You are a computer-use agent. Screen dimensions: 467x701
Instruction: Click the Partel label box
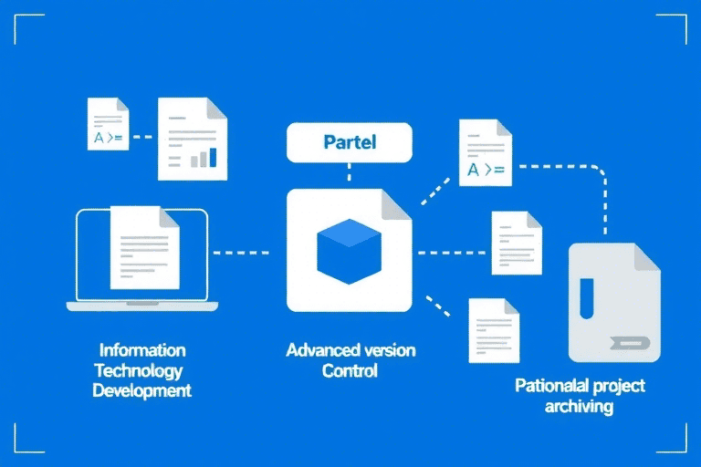click(x=350, y=143)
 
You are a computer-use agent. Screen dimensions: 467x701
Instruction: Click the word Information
click(x=142, y=350)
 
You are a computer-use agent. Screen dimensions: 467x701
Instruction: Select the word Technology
click(x=139, y=370)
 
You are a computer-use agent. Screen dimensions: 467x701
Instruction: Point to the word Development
click(x=142, y=390)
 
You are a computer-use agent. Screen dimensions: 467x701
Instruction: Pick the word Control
click(x=350, y=371)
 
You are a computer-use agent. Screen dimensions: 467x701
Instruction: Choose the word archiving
click(x=579, y=406)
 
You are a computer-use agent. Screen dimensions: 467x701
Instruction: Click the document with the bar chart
click(x=192, y=139)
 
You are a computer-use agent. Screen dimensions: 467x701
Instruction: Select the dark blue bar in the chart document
click(x=214, y=157)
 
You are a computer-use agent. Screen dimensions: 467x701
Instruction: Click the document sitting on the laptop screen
click(x=144, y=246)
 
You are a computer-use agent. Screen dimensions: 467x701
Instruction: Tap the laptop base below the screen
click(x=142, y=306)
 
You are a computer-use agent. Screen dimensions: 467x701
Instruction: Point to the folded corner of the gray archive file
click(x=646, y=257)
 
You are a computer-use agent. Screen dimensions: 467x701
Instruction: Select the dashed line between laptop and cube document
click(x=241, y=251)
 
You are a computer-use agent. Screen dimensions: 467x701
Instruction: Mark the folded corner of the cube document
click(x=396, y=204)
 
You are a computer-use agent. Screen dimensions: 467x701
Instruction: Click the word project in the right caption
click(x=618, y=386)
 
